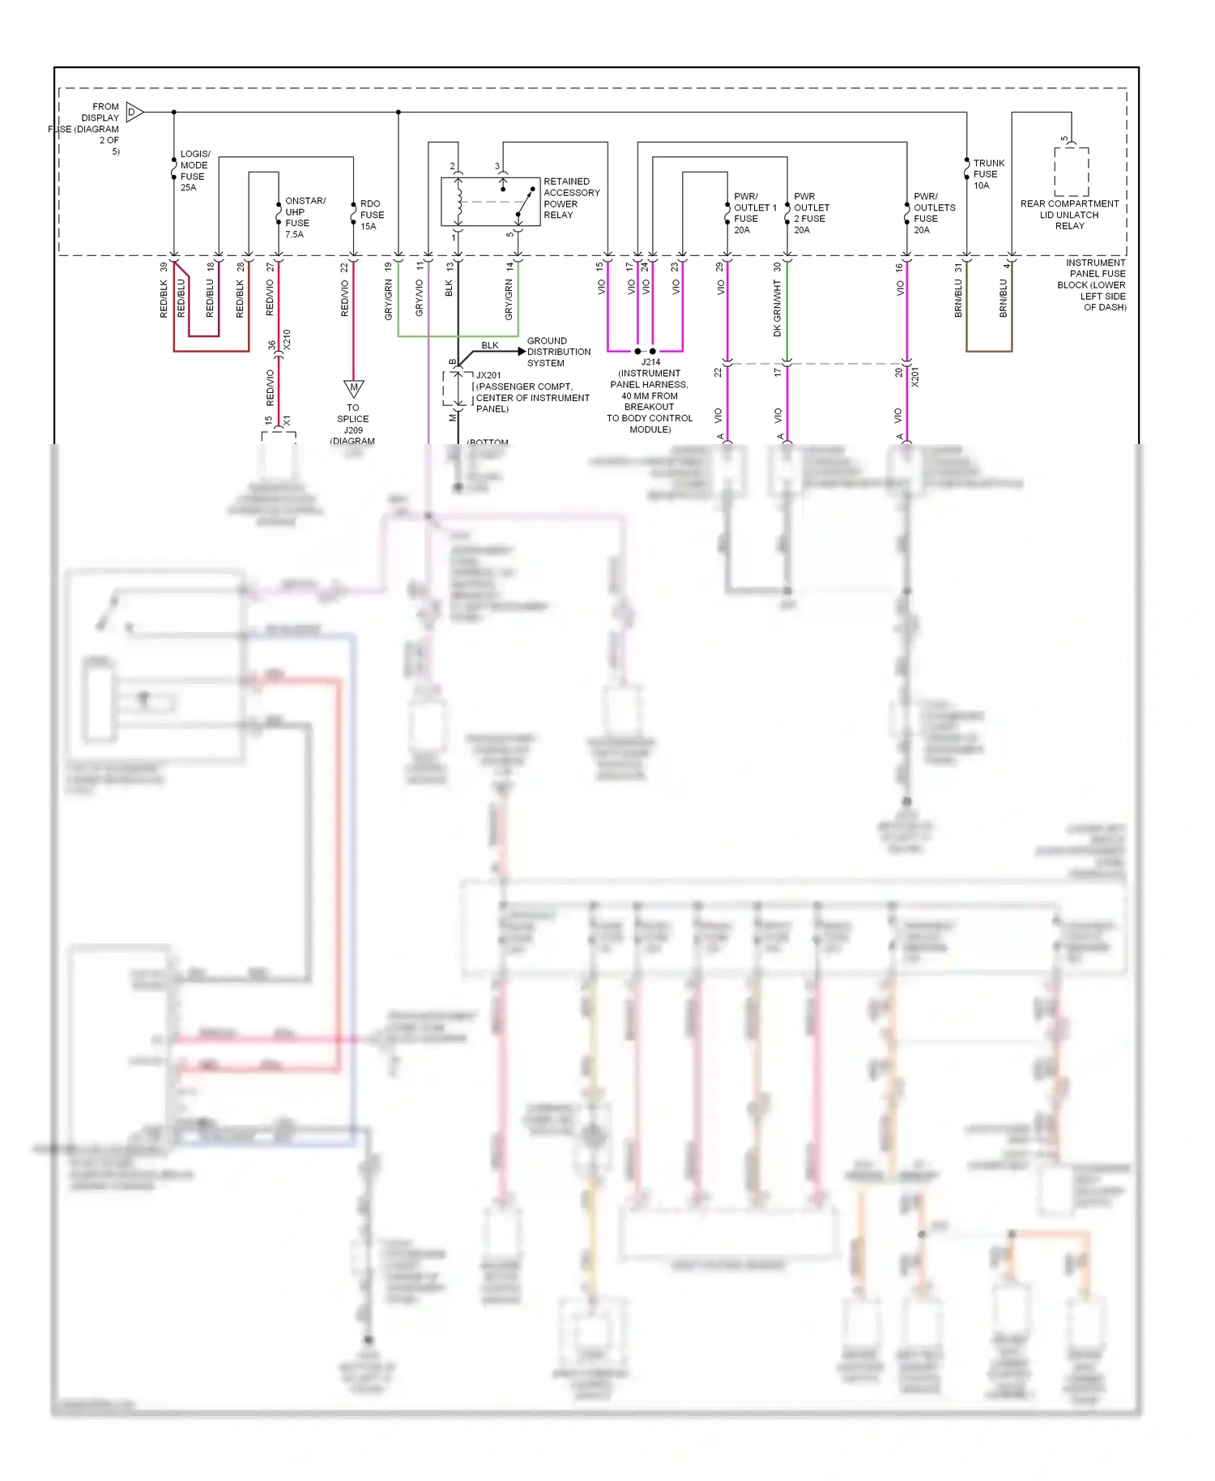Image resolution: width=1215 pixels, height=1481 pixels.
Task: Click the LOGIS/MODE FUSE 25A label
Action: pyautogui.click(x=194, y=170)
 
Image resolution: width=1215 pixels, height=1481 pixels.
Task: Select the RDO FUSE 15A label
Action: pyautogui.click(x=371, y=215)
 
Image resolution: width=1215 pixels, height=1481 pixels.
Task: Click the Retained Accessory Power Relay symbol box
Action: pyautogui.click(x=490, y=202)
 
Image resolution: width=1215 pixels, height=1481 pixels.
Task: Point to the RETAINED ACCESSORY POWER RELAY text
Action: pyautogui.click(x=571, y=198)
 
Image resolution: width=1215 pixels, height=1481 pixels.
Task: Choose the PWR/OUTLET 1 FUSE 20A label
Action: pyautogui.click(x=753, y=213)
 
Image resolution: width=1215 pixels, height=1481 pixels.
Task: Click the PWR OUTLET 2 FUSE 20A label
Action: pyautogui.click(x=811, y=213)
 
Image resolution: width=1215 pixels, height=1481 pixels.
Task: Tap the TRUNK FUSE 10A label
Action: pyautogui.click(x=987, y=174)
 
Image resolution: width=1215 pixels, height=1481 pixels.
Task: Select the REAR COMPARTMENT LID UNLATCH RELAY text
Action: pyautogui.click(x=1069, y=215)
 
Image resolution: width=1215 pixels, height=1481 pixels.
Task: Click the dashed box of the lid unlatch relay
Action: pyautogui.click(x=1071, y=172)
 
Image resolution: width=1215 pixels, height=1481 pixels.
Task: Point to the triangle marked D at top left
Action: pyautogui.click(x=134, y=112)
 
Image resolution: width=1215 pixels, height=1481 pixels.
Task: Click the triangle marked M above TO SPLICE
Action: pyautogui.click(x=353, y=388)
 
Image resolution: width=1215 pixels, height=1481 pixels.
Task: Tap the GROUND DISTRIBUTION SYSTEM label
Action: pyautogui.click(x=558, y=352)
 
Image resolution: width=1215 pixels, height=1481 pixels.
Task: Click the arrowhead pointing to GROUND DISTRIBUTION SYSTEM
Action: pyautogui.click(x=521, y=352)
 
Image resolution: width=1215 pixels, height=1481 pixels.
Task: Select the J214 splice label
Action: pyautogui.click(x=650, y=362)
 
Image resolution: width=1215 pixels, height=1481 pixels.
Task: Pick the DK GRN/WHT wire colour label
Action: pyautogui.click(x=777, y=308)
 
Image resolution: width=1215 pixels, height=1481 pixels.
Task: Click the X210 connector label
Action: pyautogui.click(x=287, y=339)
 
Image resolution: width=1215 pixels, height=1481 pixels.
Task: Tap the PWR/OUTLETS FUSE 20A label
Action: pyautogui.click(x=933, y=213)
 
